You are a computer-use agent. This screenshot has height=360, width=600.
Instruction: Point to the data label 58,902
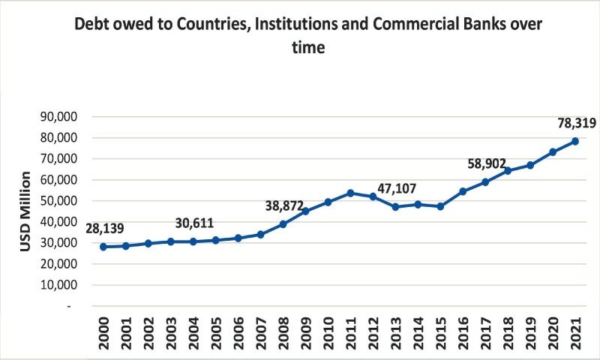487,163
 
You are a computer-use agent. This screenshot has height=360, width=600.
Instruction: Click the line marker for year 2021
575,141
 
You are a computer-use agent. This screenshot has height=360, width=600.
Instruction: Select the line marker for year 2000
103,246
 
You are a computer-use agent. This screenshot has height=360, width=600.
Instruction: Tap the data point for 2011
350,193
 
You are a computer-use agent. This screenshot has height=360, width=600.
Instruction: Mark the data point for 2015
440,206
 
